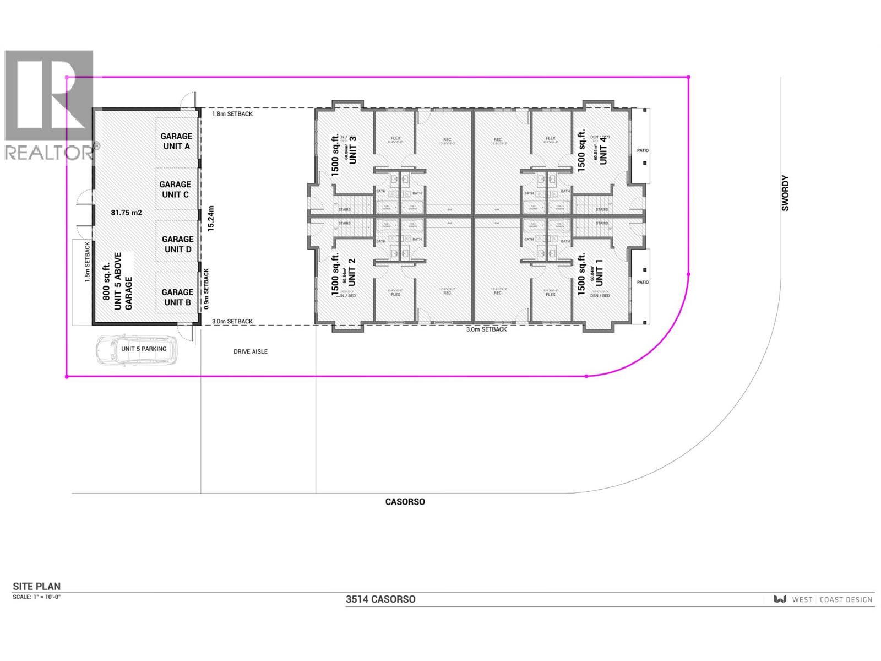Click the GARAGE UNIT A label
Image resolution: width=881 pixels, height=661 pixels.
tap(176, 141)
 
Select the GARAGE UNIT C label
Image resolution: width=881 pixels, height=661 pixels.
tap(175, 189)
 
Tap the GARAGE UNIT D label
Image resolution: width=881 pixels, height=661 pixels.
tap(177, 244)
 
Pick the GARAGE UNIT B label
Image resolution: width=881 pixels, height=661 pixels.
tap(177, 297)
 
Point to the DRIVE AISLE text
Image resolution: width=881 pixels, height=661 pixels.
tap(251, 351)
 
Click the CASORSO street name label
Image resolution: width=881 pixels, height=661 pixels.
tap(405, 502)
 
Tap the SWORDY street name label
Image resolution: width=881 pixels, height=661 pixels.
tap(785, 193)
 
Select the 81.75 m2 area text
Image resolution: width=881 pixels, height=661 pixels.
tap(127, 212)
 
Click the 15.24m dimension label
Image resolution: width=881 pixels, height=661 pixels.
tap(210, 219)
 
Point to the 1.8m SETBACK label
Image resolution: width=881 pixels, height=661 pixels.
tap(232, 114)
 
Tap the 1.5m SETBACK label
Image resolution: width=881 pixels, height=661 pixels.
tap(87, 262)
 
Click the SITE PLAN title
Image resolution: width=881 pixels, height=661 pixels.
tap(37, 587)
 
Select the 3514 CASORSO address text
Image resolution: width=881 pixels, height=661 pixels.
tap(380, 599)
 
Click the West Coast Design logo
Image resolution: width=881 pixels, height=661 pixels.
tap(823, 599)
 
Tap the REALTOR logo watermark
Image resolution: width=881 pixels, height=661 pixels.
tap(50, 105)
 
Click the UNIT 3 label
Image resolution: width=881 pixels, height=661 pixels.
tap(353, 149)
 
